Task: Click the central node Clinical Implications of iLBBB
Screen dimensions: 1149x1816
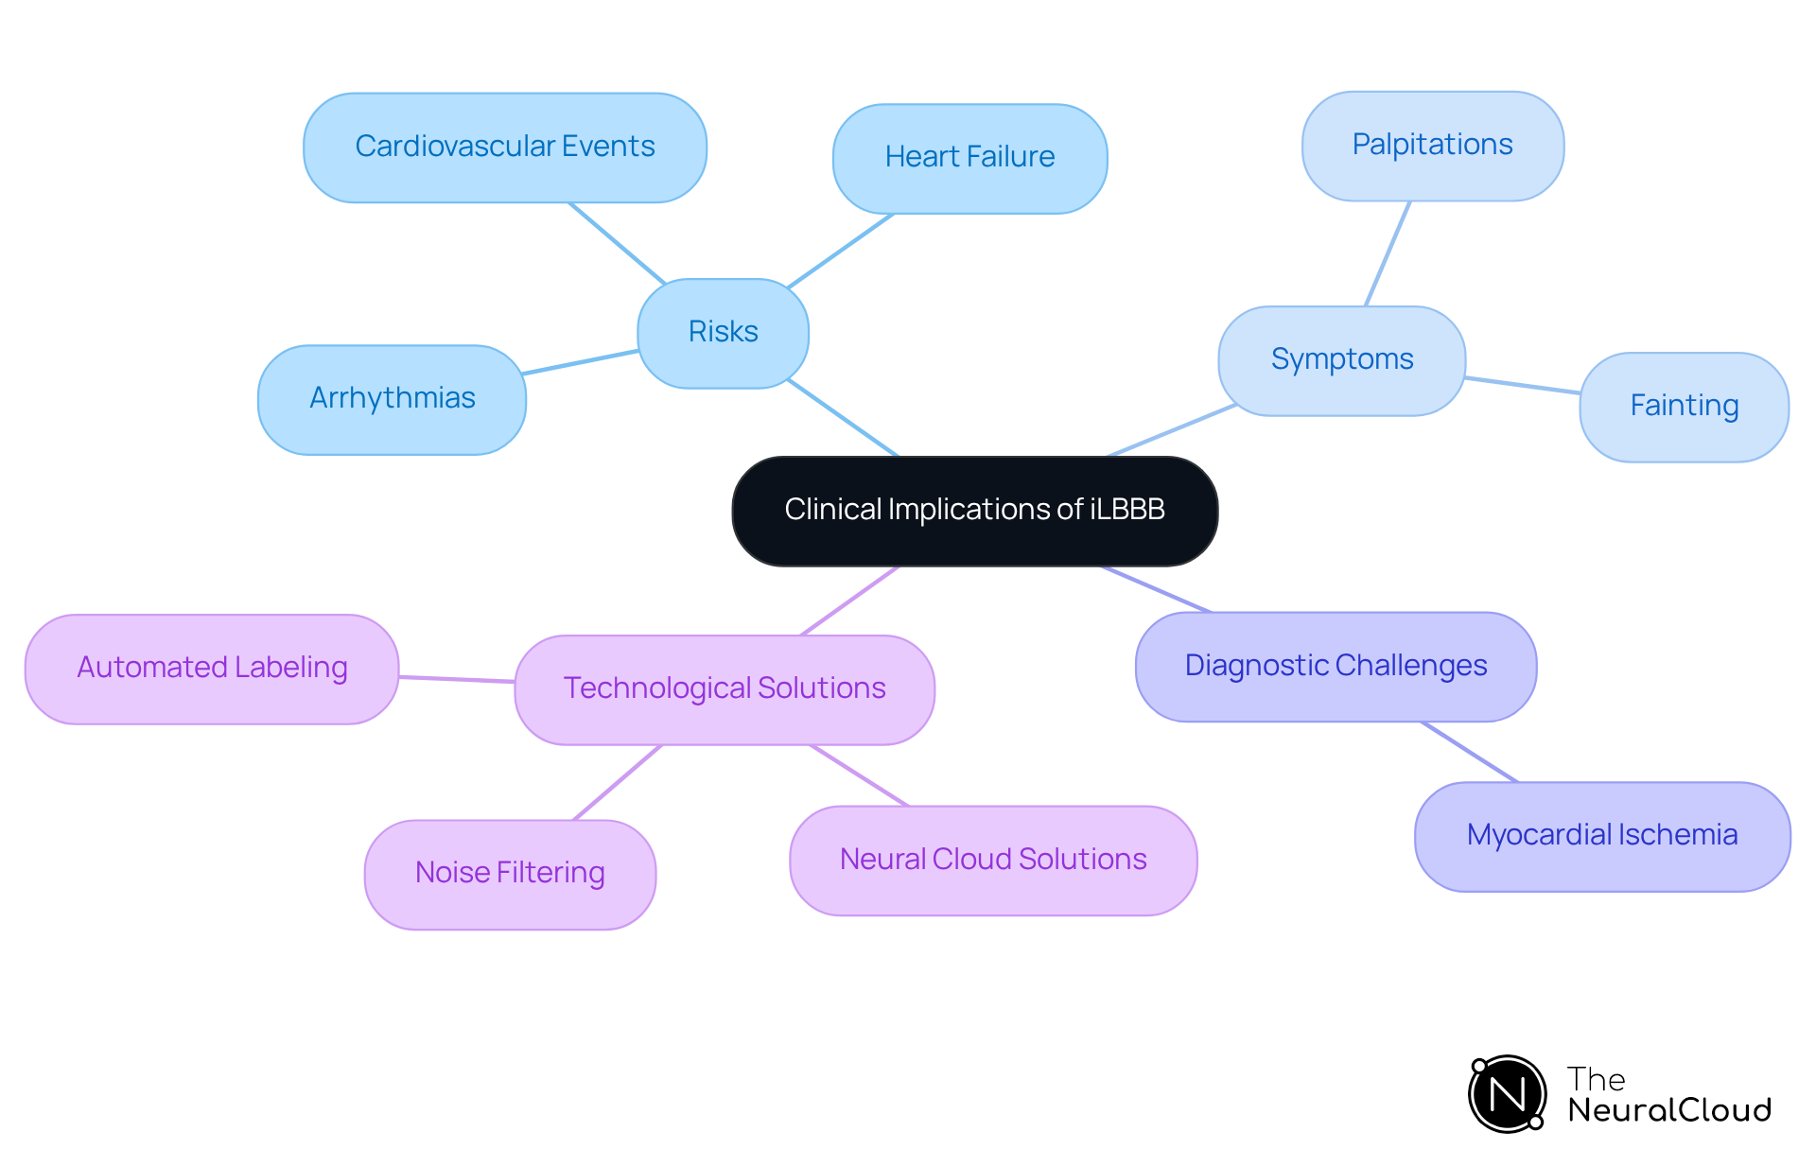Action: point(974,511)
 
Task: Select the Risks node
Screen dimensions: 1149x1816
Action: point(723,333)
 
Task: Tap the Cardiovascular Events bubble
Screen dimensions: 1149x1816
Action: point(504,148)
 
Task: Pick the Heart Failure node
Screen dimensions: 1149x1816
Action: point(969,158)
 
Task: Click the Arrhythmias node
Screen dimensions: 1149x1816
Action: point(392,399)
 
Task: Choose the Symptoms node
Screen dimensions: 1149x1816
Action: point(1341,360)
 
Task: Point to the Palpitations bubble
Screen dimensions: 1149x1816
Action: point(1432,146)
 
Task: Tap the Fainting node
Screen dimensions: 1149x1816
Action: point(1684,407)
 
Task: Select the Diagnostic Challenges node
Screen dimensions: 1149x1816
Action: point(1336,667)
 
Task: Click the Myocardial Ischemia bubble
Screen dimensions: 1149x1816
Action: point(1601,836)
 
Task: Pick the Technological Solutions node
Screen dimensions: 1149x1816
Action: point(725,689)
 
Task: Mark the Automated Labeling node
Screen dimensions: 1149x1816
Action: point(212,669)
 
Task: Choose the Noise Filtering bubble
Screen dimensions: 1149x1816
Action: point(510,874)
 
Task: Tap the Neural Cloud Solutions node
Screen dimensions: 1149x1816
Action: point(993,861)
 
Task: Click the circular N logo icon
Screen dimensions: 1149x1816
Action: point(1507,1094)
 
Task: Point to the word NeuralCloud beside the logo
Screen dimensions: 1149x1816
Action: point(1669,1110)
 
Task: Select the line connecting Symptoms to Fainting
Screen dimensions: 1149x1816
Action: point(1523,385)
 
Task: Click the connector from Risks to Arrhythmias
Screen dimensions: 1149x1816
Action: point(581,362)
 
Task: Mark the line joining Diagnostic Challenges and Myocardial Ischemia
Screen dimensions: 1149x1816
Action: point(1470,752)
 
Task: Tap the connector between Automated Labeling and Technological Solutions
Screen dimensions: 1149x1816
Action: point(457,679)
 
